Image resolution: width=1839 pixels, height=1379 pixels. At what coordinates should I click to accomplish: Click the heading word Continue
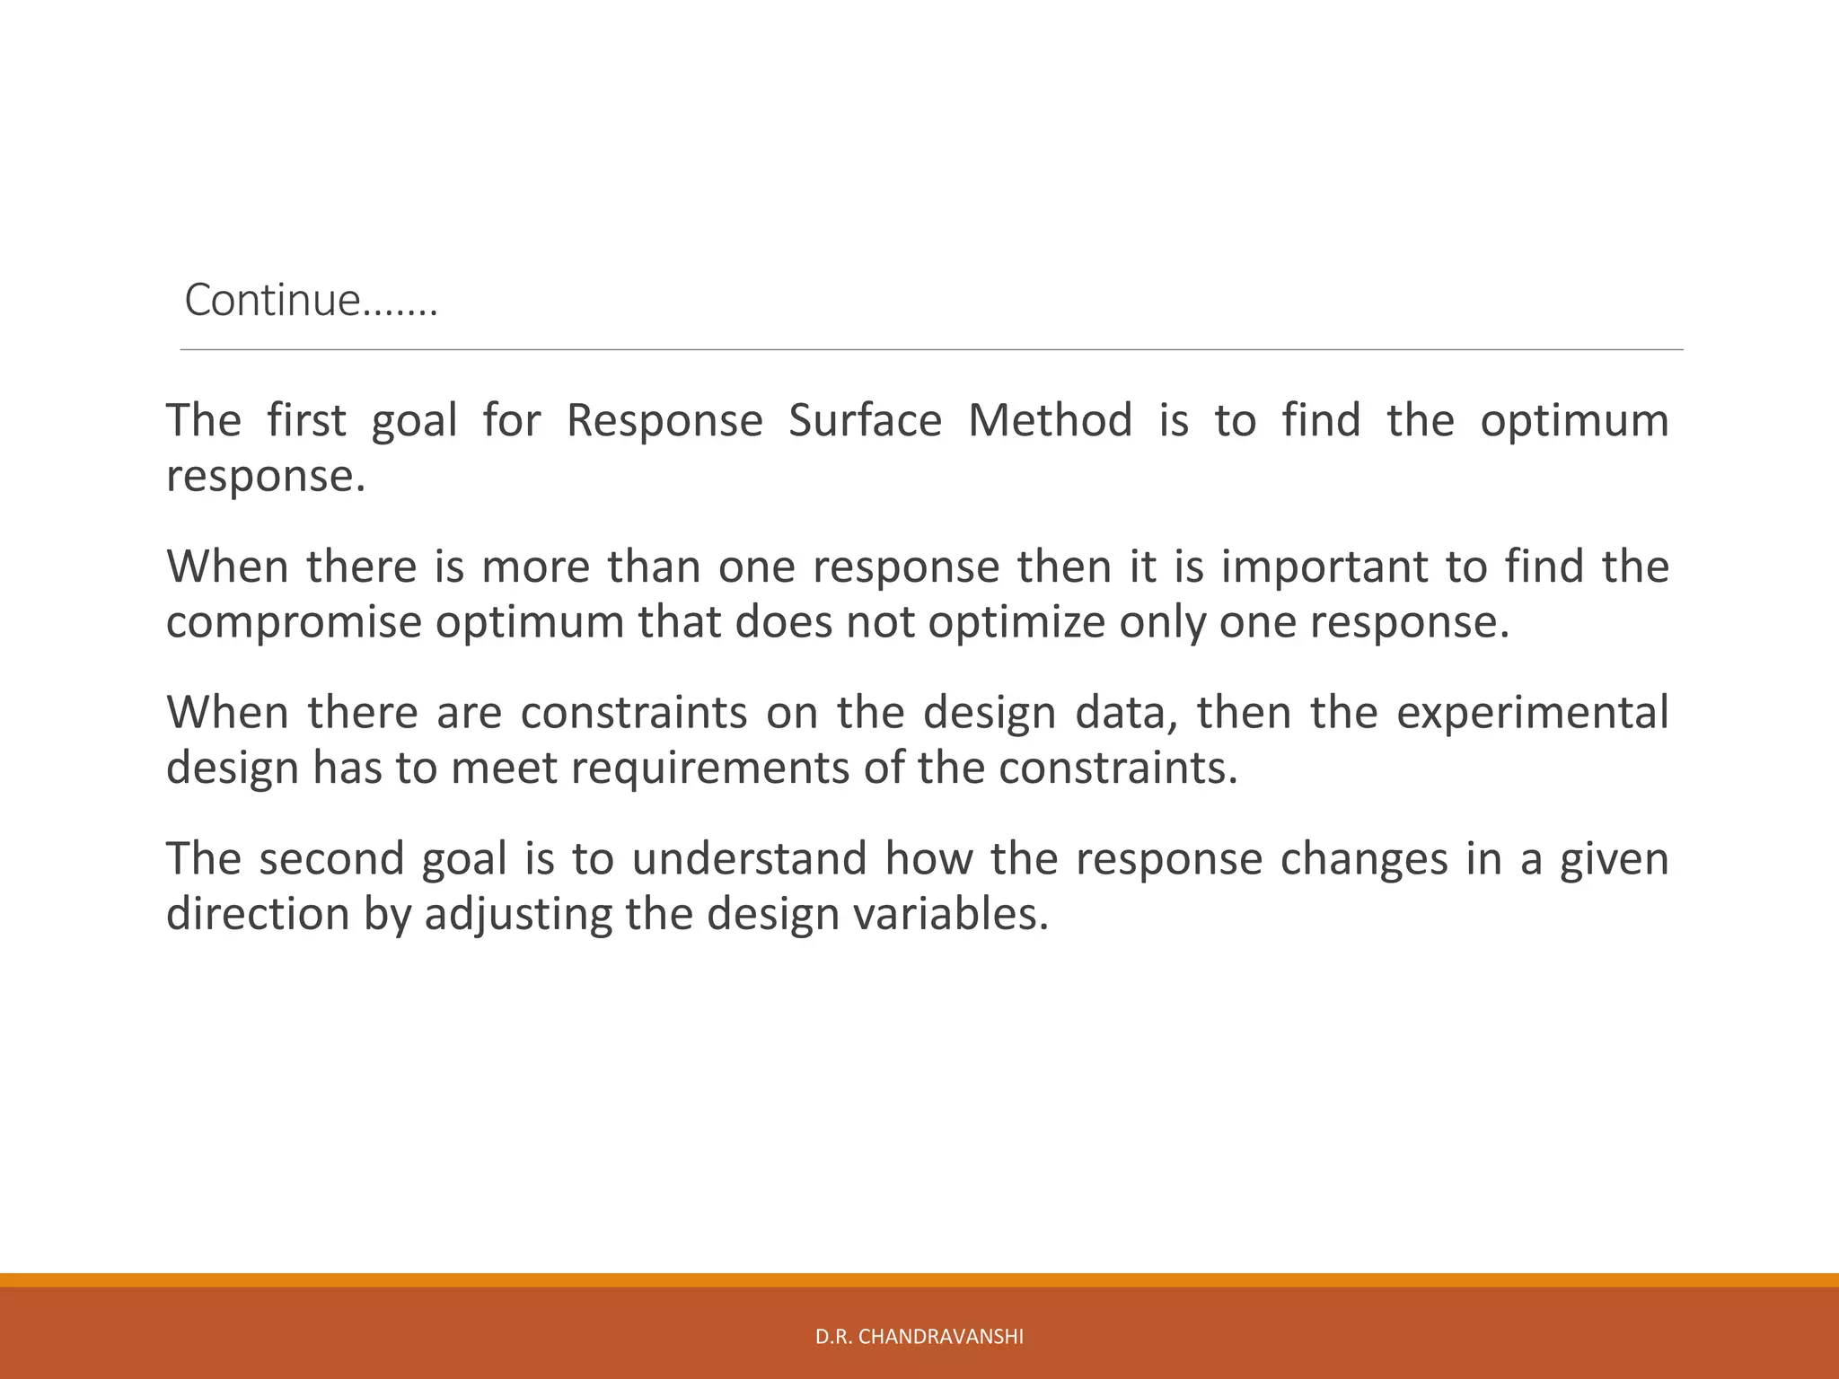[x=272, y=300]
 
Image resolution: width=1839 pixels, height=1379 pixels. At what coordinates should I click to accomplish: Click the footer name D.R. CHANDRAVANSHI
[x=919, y=1337]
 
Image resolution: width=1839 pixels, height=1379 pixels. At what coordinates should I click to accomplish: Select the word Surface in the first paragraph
[x=865, y=420]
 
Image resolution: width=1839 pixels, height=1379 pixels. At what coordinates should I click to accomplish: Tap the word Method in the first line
[x=1050, y=420]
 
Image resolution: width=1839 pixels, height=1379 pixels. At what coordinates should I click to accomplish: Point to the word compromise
[x=293, y=622]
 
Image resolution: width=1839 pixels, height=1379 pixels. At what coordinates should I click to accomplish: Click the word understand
[x=749, y=858]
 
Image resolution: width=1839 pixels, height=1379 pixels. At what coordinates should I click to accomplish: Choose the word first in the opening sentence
[x=306, y=420]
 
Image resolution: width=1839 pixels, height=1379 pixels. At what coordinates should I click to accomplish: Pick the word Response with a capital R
[x=664, y=420]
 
